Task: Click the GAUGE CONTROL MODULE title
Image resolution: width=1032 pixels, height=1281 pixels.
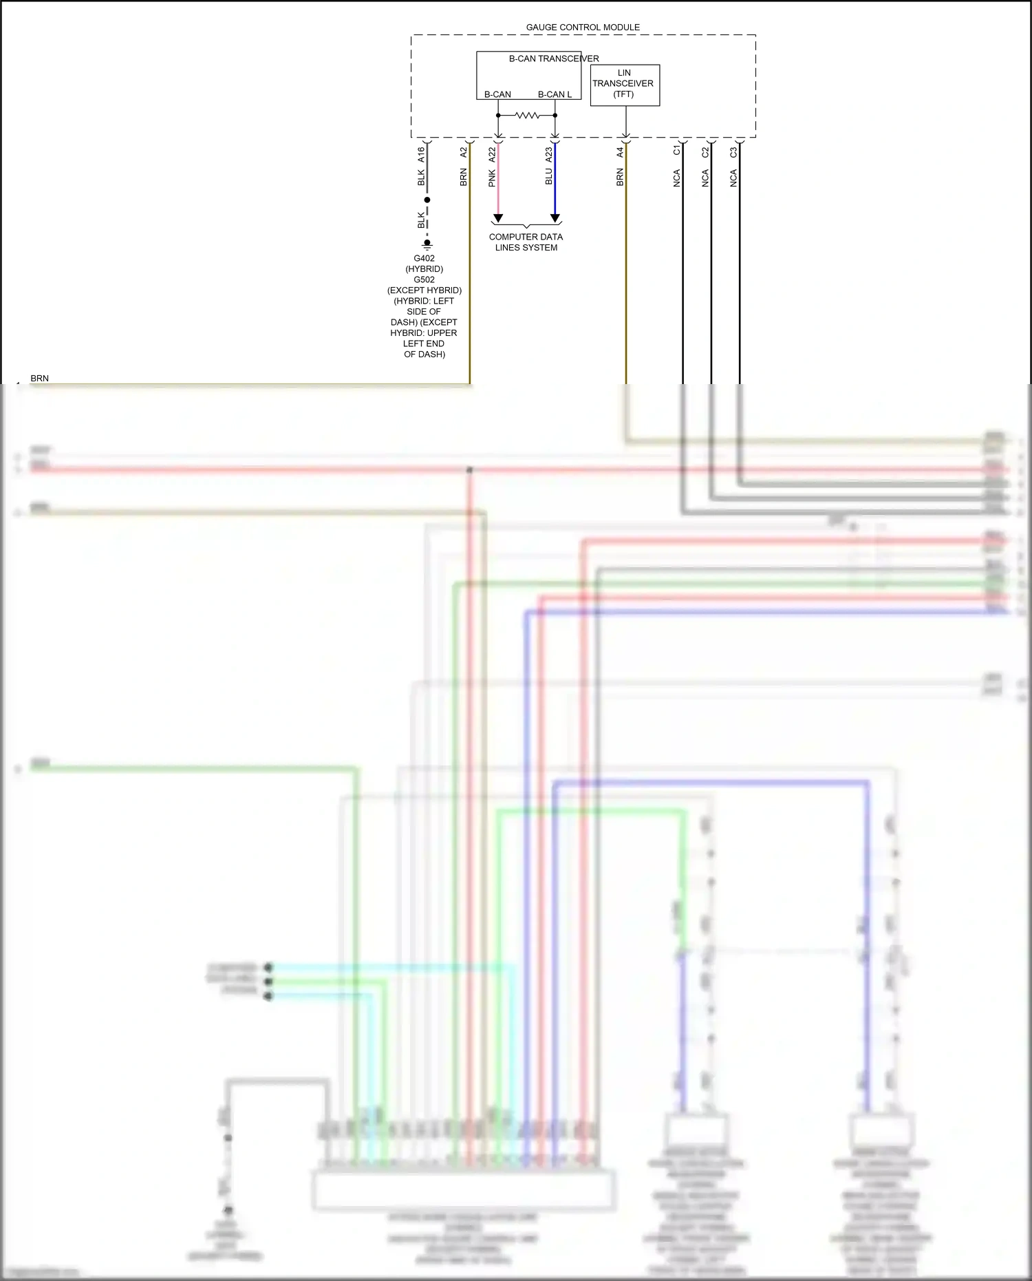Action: coord(583,28)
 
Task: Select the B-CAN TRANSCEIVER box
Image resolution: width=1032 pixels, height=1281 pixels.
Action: coord(528,75)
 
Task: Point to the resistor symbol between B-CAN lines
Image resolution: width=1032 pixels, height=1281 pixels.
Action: coord(527,116)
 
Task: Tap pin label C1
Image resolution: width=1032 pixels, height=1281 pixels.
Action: coord(677,150)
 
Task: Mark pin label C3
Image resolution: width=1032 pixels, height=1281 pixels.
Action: coord(733,151)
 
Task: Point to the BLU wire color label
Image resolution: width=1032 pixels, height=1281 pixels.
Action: coord(549,177)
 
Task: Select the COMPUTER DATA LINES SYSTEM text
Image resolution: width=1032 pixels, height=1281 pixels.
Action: coord(526,242)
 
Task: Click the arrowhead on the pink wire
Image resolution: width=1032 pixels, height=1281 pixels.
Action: coord(498,218)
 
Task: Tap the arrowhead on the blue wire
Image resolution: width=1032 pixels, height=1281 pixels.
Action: coord(555,218)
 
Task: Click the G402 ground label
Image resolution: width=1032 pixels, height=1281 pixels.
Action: coord(424,259)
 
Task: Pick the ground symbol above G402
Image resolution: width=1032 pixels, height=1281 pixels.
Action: coord(427,244)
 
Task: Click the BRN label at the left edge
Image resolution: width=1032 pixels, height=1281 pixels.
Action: coord(40,379)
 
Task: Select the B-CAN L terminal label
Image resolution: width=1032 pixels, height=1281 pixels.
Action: coord(555,94)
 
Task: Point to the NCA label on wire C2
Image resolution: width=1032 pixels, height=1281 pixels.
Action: coord(705,179)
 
